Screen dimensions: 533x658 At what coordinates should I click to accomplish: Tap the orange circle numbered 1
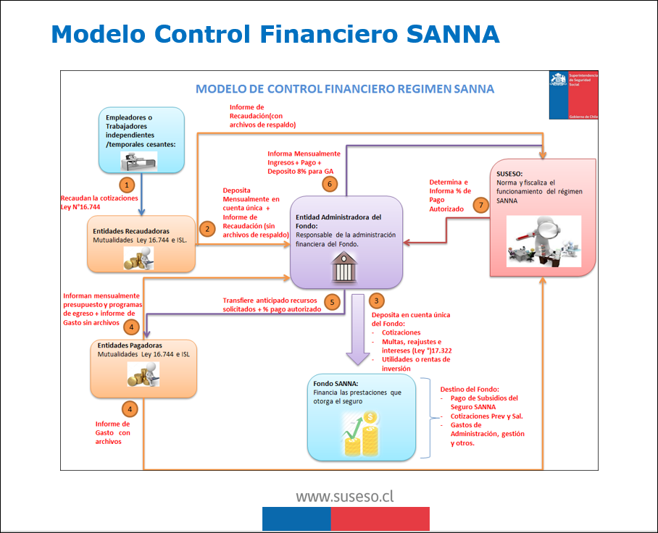click(x=128, y=185)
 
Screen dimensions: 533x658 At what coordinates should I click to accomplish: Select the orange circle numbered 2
click(x=208, y=230)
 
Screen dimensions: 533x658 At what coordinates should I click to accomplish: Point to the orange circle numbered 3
click(x=375, y=300)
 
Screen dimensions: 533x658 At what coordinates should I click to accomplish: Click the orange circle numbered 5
click(x=333, y=303)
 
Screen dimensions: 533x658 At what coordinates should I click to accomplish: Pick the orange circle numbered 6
click(x=330, y=184)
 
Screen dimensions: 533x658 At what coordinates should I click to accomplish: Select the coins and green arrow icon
click(x=364, y=433)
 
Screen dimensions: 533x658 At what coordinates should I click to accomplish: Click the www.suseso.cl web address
click(x=344, y=497)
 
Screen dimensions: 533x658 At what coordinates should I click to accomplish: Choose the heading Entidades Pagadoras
click(x=128, y=345)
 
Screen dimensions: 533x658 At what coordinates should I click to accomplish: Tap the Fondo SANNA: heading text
click(x=336, y=384)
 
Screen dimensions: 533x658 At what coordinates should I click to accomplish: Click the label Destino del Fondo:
click(x=470, y=390)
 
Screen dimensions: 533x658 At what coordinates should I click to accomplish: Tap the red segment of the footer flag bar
click(x=380, y=519)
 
